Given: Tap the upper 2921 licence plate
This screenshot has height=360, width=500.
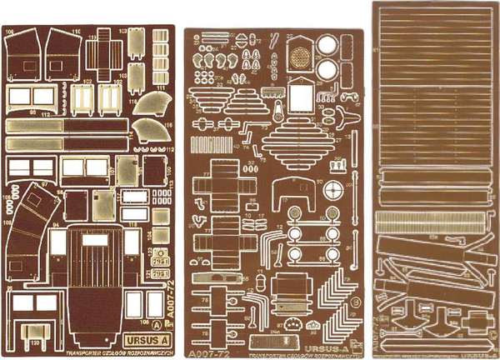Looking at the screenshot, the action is coord(162,255).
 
